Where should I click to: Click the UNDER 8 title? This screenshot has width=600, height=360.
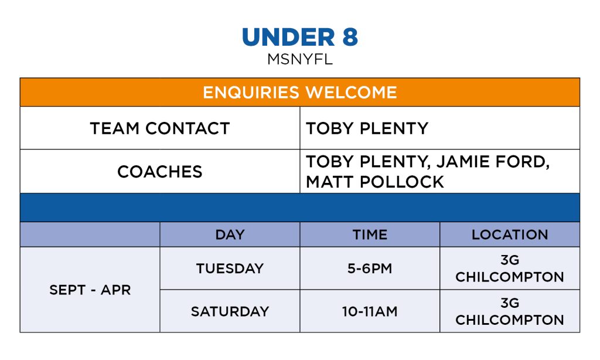[x=300, y=37]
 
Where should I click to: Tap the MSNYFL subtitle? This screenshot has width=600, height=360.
[x=300, y=59]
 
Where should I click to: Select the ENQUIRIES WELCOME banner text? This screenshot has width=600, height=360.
[x=300, y=92]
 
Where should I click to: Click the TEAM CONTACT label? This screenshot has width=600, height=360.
[x=160, y=128]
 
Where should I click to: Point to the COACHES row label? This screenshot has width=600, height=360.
[x=160, y=172]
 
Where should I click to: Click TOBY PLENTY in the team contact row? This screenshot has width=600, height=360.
[x=367, y=128]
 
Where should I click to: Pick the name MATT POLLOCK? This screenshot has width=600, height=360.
[x=375, y=182]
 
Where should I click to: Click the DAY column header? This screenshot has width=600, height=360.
[x=230, y=235]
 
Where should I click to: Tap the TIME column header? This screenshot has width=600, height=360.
[x=370, y=235]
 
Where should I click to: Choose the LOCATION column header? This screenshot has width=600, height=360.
[x=510, y=235]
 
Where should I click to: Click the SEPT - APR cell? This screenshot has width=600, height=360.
[x=90, y=290]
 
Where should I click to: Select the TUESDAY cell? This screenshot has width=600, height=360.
[x=230, y=269]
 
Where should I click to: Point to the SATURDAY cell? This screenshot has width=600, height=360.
[x=230, y=311]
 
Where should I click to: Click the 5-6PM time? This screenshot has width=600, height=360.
[x=370, y=269]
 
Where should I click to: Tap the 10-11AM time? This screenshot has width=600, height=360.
[x=370, y=311]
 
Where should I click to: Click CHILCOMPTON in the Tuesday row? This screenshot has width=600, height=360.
[x=510, y=277]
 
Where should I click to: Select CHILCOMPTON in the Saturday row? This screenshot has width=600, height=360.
[x=510, y=320]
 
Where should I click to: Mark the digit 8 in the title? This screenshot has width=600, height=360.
[x=350, y=37]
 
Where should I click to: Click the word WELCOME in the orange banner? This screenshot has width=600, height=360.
[x=352, y=92]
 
